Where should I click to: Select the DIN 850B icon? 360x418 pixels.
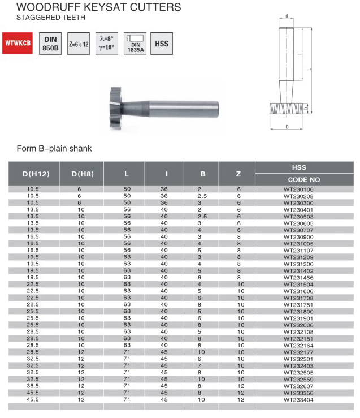[x=50, y=43]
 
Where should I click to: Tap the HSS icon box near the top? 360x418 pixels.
[x=162, y=43]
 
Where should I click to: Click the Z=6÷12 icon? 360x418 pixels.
[x=78, y=43]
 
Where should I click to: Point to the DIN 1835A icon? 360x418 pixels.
[x=135, y=43]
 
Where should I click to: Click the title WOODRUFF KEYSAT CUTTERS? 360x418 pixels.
[x=99, y=7]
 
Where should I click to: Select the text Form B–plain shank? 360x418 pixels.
[x=54, y=149]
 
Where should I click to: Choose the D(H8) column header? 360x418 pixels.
[x=82, y=174]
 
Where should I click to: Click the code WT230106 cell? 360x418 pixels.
[x=298, y=189]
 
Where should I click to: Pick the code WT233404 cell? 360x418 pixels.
[x=298, y=399]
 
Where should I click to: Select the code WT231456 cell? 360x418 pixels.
[x=298, y=277]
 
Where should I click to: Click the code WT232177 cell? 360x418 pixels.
[x=298, y=351]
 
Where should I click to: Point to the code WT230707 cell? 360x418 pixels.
[x=298, y=230]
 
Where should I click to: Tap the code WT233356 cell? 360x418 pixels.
[x=298, y=392]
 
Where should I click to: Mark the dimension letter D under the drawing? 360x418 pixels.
[x=287, y=127]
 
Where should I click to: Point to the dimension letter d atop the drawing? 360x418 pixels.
[x=288, y=15]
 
